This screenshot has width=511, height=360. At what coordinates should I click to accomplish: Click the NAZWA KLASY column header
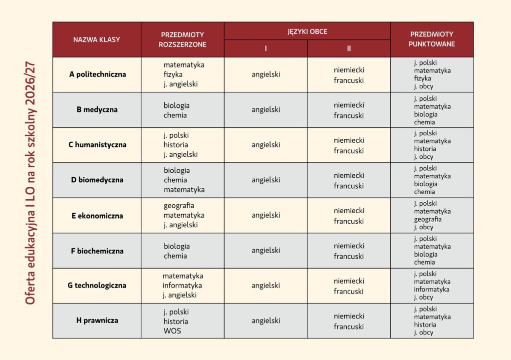(x=97, y=39)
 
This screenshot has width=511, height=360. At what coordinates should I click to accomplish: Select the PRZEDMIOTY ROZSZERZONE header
(x=182, y=39)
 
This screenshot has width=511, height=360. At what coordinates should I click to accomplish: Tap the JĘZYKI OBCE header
(x=307, y=31)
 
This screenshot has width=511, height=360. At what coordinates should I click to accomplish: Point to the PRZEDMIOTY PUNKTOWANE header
(x=432, y=39)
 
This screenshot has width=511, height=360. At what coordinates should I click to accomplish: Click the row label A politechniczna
(x=97, y=74)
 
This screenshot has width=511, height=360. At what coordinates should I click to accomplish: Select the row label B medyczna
(x=97, y=109)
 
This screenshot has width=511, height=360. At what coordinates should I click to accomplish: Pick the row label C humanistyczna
(x=97, y=145)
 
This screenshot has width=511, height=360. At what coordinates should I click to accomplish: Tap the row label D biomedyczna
(x=97, y=180)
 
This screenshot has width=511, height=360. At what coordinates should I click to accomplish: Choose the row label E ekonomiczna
(x=97, y=216)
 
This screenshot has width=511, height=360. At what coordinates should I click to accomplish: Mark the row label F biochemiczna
(x=97, y=251)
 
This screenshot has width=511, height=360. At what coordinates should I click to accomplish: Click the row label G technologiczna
(x=97, y=286)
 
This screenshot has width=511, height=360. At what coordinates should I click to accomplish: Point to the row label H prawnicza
(x=97, y=321)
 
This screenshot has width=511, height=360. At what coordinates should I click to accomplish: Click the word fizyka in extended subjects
(x=173, y=74)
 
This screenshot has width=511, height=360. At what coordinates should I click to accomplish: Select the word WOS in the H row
(x=172, y=331)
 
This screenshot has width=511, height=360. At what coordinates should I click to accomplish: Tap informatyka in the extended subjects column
(x=182, y=286)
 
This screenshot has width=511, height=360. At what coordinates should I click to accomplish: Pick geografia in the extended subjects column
(x=179, y=205)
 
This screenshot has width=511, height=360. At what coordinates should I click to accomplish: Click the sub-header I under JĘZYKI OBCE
(x=265, y=48)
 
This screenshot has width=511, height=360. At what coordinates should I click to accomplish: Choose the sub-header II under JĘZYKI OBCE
(x=349, y=48)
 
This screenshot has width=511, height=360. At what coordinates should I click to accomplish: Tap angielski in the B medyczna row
(x=265, y=109)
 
